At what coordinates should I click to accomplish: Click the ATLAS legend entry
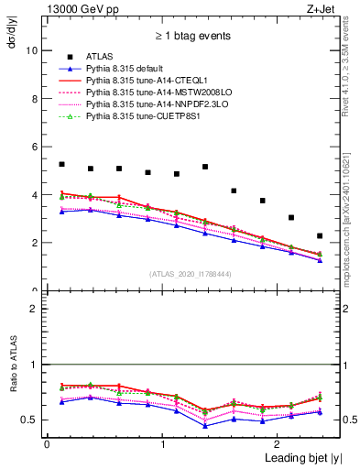[100, 57]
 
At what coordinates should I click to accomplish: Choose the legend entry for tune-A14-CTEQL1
[145, 81]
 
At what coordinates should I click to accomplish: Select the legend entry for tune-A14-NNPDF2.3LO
[151, 104]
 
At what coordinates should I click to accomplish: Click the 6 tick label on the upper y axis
[35, 147]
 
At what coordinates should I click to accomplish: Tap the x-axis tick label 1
[162, 443]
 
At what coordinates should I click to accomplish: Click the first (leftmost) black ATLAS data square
[61, 164]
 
